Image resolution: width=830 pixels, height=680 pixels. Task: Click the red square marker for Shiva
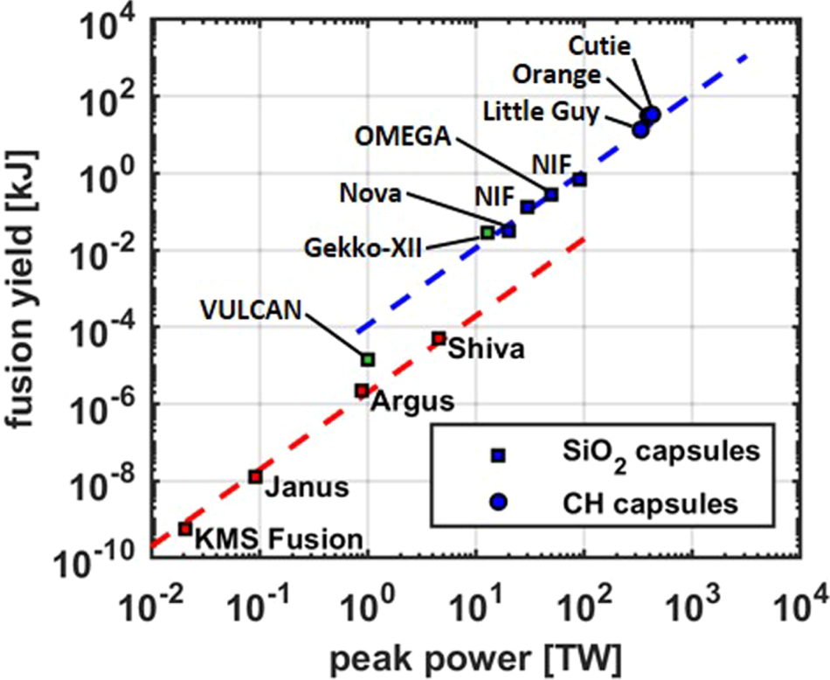pyautogui.click(x=439, y=338)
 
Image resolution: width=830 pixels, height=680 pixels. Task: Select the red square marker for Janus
pyautogui.click(x=255, y=476)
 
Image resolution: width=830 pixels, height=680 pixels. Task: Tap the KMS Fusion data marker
pyautogui.click(x=185, y=529)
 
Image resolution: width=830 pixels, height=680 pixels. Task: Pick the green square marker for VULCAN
pyautogui.click(x=369, y=359)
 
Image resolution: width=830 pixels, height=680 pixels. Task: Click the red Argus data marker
pyautogui.click(x=361, y=391)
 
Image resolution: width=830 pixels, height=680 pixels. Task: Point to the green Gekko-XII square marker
pyautogui.click(x=488, y=232)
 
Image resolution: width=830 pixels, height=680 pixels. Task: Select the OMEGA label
pyautogui.click(x=403, y=137)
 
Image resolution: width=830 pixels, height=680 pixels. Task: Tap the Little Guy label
pyautogui.click(x=543, y=112)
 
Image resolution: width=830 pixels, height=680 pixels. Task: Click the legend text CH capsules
pyautogui.click(x=650, y=503)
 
